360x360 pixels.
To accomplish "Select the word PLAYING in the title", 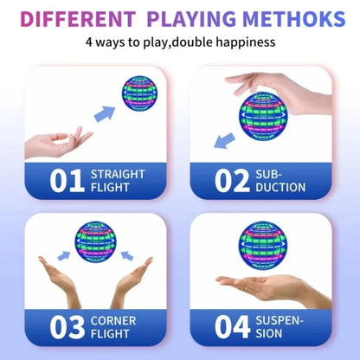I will (191, 18).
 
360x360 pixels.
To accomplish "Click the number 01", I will (67, 180).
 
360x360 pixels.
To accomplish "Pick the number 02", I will (231, 180).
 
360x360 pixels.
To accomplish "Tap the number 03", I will (67, 328).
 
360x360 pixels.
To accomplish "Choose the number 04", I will (231, 328).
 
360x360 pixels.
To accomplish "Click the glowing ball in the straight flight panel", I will (138, 93).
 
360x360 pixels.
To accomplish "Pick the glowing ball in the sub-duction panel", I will (261, 116).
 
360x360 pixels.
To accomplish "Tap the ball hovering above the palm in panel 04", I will (262, 245).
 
